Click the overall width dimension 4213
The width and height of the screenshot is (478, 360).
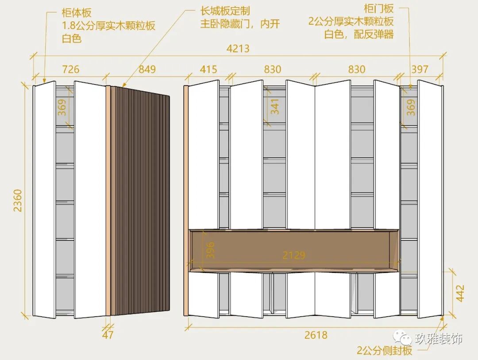coord(238,48)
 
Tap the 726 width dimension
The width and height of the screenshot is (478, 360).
coord(70,70)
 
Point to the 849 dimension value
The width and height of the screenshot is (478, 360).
coord(147,70)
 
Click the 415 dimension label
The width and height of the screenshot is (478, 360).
coord(208,70)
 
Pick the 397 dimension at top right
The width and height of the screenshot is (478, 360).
coord(420,70)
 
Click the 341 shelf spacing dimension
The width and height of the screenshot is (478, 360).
coord(275,107)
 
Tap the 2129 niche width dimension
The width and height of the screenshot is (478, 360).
coord(294,255)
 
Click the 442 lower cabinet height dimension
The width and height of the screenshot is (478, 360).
coord(460,293)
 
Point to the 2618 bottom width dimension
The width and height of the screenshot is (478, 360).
coord(316,335)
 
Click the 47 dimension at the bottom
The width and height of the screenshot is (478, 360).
coord(108,335)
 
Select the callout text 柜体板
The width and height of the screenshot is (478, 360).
coord(76,13)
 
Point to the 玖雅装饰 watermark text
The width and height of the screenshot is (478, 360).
coord(439,339)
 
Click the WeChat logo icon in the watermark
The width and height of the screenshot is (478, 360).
coord(403,339)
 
